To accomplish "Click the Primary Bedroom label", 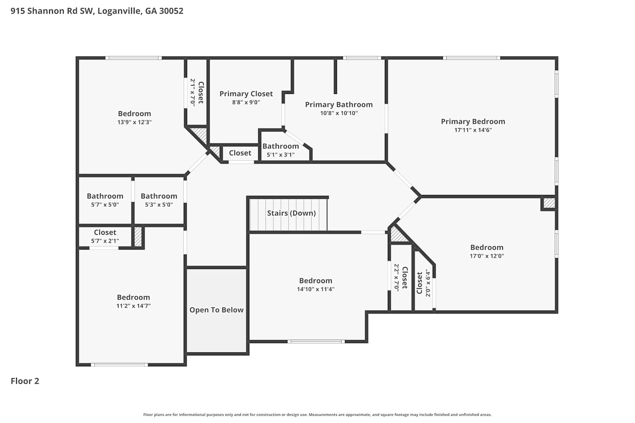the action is [473, 121].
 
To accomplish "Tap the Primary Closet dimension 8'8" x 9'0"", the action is [246, 102].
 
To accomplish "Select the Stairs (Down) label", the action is [291, 213].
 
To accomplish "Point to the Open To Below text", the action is [217, 310].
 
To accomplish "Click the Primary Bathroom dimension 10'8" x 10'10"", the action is [339, 113].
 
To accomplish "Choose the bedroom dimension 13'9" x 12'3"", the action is [135, 122].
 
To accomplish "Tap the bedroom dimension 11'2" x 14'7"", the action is [133, 306].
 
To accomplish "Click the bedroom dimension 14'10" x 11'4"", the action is [316, 289].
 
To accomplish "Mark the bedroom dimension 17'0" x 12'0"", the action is [487, 256].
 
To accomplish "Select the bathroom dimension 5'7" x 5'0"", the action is [105, 205].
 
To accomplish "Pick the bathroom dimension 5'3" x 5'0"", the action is [159, 205].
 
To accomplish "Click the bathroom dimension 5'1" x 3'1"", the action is [281, 155].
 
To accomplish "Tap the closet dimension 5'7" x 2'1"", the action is [105, 241].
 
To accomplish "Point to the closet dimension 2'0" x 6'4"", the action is [428, 283].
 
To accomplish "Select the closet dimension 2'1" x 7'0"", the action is [193, 92].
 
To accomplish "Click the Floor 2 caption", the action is [25, 381].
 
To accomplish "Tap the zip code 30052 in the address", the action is [171, 11].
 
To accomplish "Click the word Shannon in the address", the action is [46, 11].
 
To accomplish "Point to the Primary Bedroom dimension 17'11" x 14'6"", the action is [473, 130].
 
